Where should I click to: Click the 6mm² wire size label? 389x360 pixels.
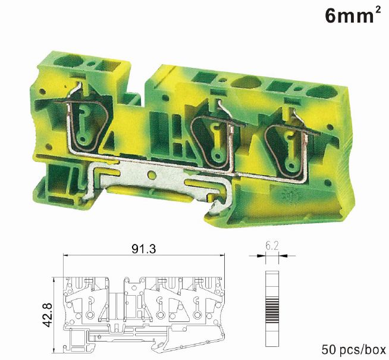(x=353, y=15)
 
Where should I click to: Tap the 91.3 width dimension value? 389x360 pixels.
(x=143, y=248)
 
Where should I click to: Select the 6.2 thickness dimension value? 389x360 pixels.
(x=272, y=246)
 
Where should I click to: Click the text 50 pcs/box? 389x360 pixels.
(x=353, y=349)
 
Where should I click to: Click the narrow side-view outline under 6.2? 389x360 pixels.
(x=272, y=309)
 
